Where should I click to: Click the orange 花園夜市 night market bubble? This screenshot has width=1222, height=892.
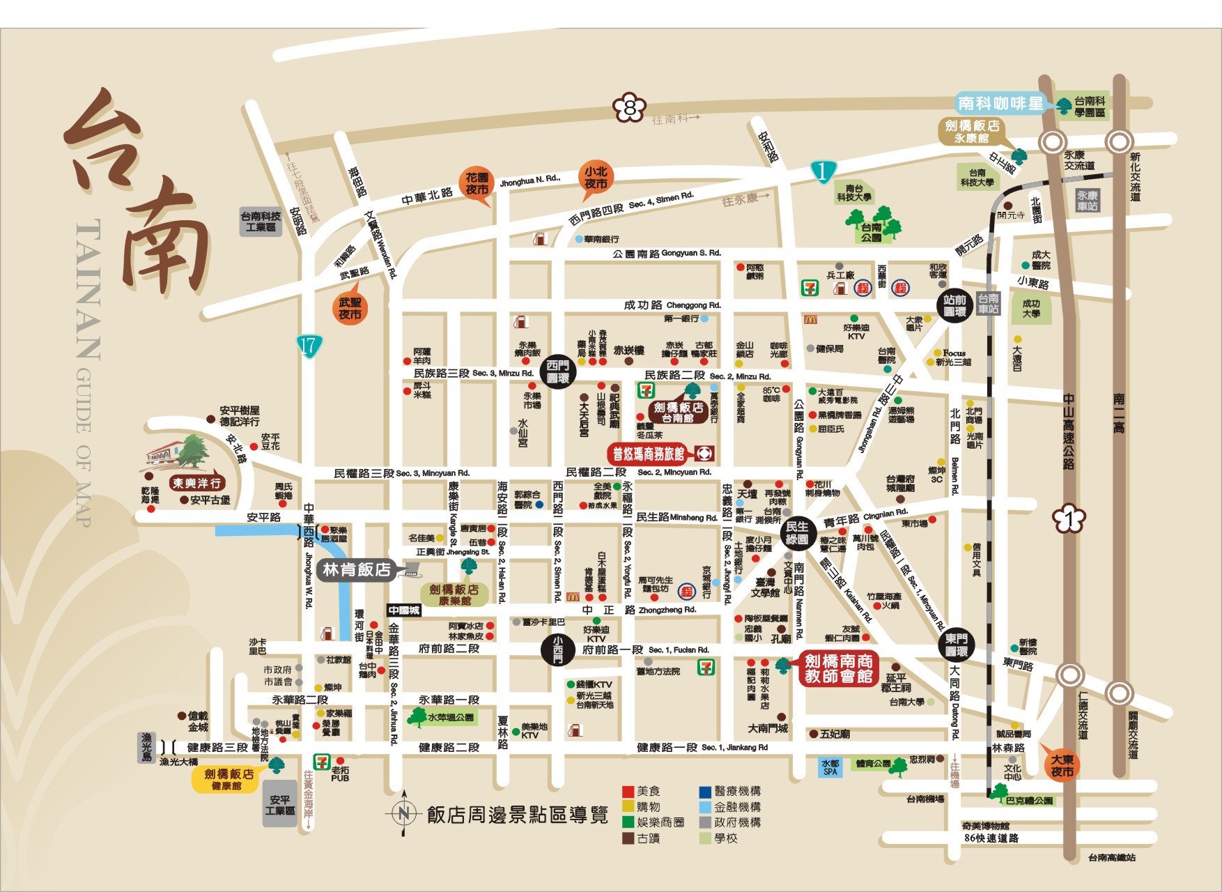pos(477,184)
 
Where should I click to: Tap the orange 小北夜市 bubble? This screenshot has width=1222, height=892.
pos(596,178)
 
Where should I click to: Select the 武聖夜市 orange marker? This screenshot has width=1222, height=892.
pos(350,308)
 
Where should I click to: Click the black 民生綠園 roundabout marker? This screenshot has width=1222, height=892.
pos(796,532)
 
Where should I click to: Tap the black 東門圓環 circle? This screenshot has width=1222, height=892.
pos(956,645)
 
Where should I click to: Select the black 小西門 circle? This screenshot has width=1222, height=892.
pos(558,649)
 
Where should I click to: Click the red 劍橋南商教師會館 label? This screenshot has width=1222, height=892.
pos(838,668)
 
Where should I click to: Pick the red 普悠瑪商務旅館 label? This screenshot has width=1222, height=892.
pos(649,454)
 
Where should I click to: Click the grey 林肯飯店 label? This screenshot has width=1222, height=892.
pos(356,569)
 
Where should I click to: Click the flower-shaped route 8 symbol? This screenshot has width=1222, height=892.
pos(630,108)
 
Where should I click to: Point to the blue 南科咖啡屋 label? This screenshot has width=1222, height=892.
pos(1000,103)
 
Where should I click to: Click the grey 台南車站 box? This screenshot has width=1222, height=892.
pos(988,304)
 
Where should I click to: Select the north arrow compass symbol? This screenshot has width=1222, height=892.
pos(403,813)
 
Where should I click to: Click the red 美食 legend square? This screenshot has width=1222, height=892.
pos(628,792)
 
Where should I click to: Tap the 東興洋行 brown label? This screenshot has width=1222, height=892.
pos(197,482)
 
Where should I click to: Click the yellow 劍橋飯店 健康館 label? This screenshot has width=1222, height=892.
pos(228,779)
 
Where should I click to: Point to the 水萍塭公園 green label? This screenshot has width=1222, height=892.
pos(450,717)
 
